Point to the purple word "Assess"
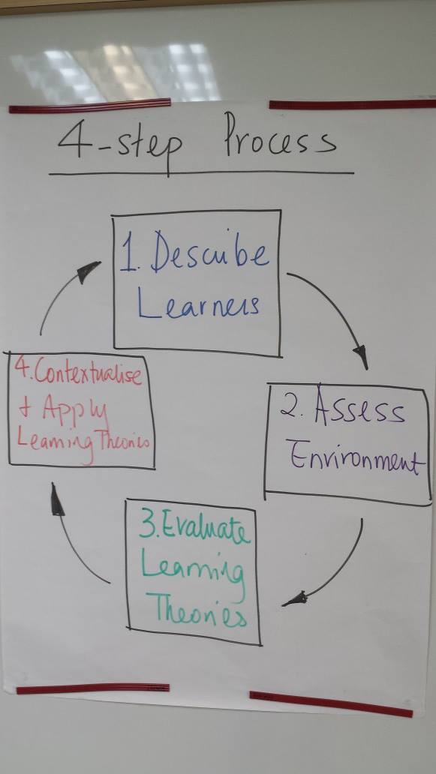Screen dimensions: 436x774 (x=359, y=408)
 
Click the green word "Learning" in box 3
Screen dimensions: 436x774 (x=193, y=571)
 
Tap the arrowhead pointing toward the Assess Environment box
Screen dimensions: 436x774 (x=361, y=356)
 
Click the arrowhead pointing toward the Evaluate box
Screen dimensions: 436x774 (x=295, y=599)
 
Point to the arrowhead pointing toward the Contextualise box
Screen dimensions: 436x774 (x=57, y=499)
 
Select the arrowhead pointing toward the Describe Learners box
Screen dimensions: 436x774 (x=87, y=271)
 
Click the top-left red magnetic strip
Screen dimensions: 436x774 (x=89, y=106)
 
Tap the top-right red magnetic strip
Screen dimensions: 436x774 (x=353, y=104)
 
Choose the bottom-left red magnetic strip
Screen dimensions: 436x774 (x=93, y=688)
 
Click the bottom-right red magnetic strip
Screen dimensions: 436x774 (x=331, y=704)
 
